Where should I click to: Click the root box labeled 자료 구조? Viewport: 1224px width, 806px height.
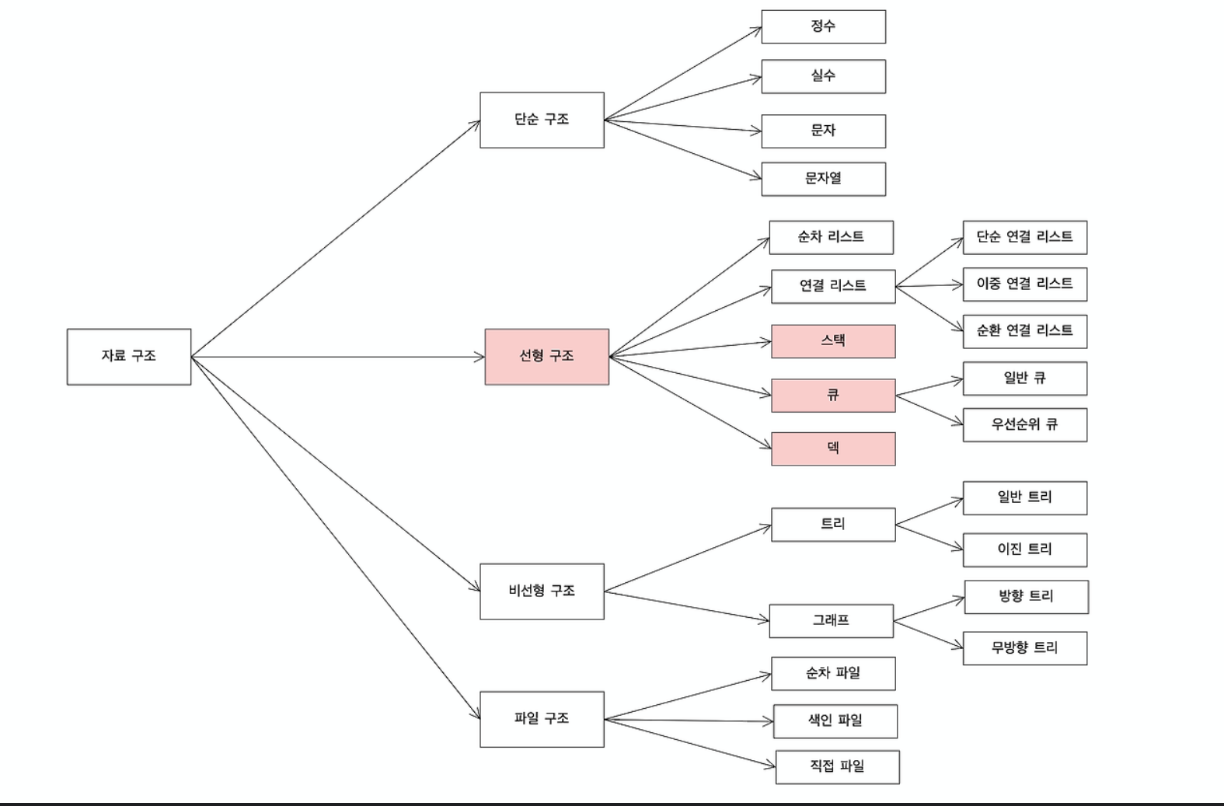click(x=129, y=357)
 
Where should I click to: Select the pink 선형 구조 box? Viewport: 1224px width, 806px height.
click(x=547, y=357)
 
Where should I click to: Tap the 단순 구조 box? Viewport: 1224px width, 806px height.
click(x=542, y=120)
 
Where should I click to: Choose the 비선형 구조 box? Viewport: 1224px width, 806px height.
click(x=542, y=591)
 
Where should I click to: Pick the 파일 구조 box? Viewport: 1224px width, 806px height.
click(x=542, y=719)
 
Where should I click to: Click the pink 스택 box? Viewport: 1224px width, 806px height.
click(x=833, y=341)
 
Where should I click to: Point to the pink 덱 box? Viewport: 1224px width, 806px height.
click(x=833, y=448)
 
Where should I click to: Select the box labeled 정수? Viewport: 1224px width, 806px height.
click(x=824, y=26)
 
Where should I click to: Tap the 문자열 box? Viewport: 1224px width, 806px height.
click(x=824, y=179)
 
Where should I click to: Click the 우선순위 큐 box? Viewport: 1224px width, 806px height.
click(x=1025, y=424)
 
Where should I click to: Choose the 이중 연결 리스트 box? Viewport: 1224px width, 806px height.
click(x=1025, y=284)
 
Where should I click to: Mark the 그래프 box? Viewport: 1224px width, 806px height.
click(x=831, y=621)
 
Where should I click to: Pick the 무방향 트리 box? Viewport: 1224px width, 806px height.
click(x=1025, y=648)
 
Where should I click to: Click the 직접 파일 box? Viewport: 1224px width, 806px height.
click(x=838, y=767)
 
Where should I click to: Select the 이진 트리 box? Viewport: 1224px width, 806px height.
click(x=1025, y=550)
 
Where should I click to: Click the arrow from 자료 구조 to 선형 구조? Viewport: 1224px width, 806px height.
click(x=338, y=357)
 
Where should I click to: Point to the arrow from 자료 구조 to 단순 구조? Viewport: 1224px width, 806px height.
click(x=336, y=239)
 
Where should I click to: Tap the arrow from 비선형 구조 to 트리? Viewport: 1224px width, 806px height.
click(x=688, y=558)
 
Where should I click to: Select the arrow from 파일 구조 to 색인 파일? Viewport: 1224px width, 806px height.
click(x=689, y=721)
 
